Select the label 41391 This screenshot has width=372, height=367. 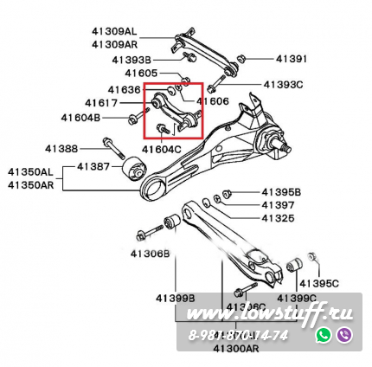292,59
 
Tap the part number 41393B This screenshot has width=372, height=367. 131,60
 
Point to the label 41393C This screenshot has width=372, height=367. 284,85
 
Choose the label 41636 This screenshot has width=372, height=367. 124,89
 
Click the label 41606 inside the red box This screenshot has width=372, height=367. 213,101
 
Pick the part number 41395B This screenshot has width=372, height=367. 280,191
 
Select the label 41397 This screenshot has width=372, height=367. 278,205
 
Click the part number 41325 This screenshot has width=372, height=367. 278,218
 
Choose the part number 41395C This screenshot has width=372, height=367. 320,283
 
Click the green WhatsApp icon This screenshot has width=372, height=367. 324,334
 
